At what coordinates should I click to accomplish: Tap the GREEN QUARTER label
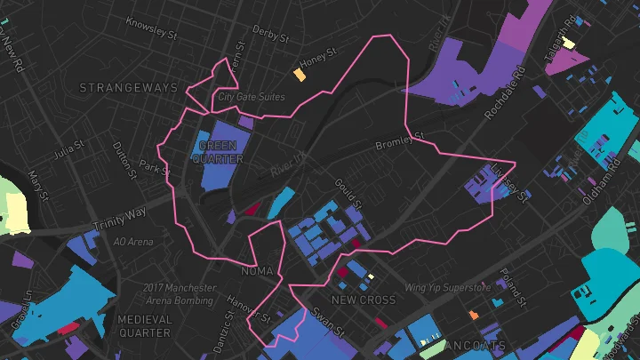click(x=220, y=152)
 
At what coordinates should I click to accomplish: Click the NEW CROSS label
click(x=364, y=300)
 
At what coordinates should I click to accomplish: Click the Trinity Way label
click(x=123, y=214)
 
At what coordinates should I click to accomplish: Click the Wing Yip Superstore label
click(x=448, y=288)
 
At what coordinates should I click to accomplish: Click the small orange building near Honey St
click(x=300, y=75)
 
